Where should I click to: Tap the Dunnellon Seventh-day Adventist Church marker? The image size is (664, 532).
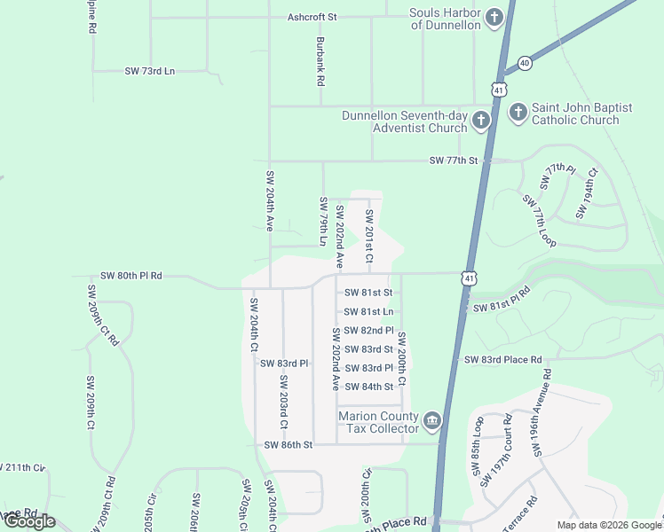(481, 121)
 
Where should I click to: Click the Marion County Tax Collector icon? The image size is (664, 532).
(432, 421)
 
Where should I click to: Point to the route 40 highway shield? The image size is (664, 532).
(525, 63)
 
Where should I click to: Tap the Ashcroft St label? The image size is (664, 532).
(312, 17)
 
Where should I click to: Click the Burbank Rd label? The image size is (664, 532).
(319, 61)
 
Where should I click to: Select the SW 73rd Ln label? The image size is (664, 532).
(150, 71)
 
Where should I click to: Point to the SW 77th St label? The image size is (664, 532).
(454, 160)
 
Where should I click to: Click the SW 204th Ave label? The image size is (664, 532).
(270, 200)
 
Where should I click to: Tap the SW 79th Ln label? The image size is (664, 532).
(323, 222)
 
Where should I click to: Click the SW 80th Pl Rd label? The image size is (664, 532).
(131, 276)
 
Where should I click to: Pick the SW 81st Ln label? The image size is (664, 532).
(368, 311)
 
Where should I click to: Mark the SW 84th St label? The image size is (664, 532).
(368, 387)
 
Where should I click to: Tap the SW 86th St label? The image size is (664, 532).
(289, 443)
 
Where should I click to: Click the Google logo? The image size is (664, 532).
(28, 522)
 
